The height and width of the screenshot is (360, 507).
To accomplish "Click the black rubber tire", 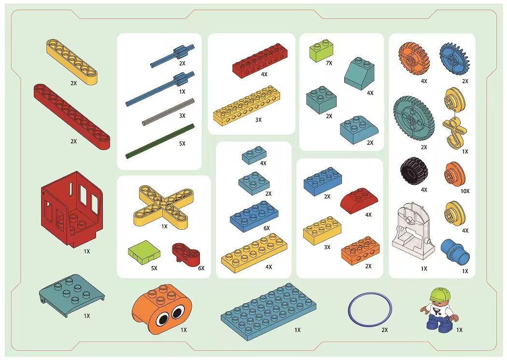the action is point(413,171).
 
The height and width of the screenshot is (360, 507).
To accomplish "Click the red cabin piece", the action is point(72,209).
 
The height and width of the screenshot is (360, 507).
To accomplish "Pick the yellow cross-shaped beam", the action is point(164,206).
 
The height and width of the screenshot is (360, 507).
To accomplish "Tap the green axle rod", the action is point(160,141).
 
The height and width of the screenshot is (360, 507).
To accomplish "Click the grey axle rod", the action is point(168,112).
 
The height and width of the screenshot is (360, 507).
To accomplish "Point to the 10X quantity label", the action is point(465,191).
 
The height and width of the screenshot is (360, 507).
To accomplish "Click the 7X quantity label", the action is point(329,63).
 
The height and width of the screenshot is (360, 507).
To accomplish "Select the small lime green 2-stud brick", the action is point(322,50).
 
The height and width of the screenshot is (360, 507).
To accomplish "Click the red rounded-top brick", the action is point(359,200).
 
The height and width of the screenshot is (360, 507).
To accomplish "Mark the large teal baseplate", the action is point(268,311).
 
